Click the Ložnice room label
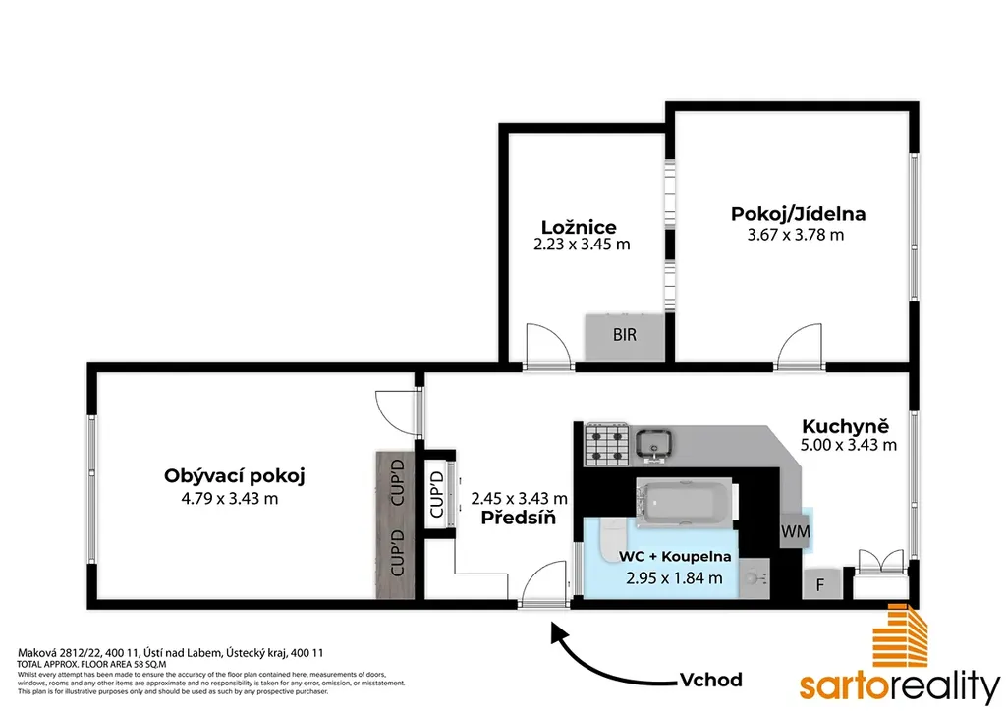(x=579, y=227)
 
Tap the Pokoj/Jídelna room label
(x=798, y=213)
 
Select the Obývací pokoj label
(x=234, y=476)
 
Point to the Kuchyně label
(x=846, y=426)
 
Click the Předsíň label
(x=519, y=518)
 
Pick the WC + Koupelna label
(x=674, y=556)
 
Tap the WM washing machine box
(x=795, y=531)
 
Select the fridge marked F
(x=820, y=584)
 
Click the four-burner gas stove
(x=606, y=445)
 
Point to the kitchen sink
(x=653, y=444)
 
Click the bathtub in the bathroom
(x=685, y=503)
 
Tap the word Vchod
(x=711, y=680)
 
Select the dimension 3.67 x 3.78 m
(x=796, y=235)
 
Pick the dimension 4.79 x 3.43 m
(x=230, y=498)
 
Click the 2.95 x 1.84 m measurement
(x=674, y=578)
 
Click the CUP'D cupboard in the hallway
(x=437, y=494)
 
